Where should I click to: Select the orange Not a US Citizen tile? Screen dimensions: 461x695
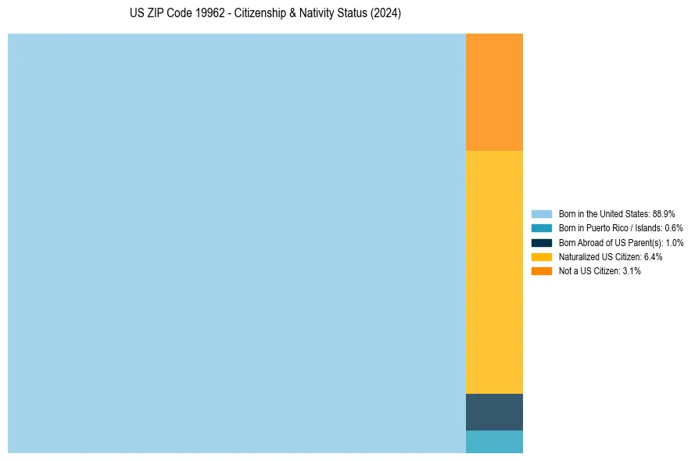tap(494, 91)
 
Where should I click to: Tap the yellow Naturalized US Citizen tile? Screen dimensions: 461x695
tap(494, 271)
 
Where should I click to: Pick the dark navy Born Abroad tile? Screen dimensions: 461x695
tap(494, 412)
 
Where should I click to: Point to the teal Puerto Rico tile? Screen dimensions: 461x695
tap(494, 441)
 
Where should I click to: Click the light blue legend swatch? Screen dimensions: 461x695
tap(542, 213)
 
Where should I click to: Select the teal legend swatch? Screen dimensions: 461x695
tap(542, 228)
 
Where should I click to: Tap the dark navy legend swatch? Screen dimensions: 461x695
tap(542, 242)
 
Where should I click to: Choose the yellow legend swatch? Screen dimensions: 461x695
tap(542, 256)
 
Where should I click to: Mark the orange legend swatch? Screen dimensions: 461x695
tap(542, 271)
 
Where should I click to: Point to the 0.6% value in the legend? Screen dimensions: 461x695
tap(674, 228)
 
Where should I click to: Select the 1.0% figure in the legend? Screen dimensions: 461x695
tap(674, 242)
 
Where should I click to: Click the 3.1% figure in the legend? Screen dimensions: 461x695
tap(632, 271)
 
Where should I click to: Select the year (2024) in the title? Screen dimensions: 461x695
tap(385, 14)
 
